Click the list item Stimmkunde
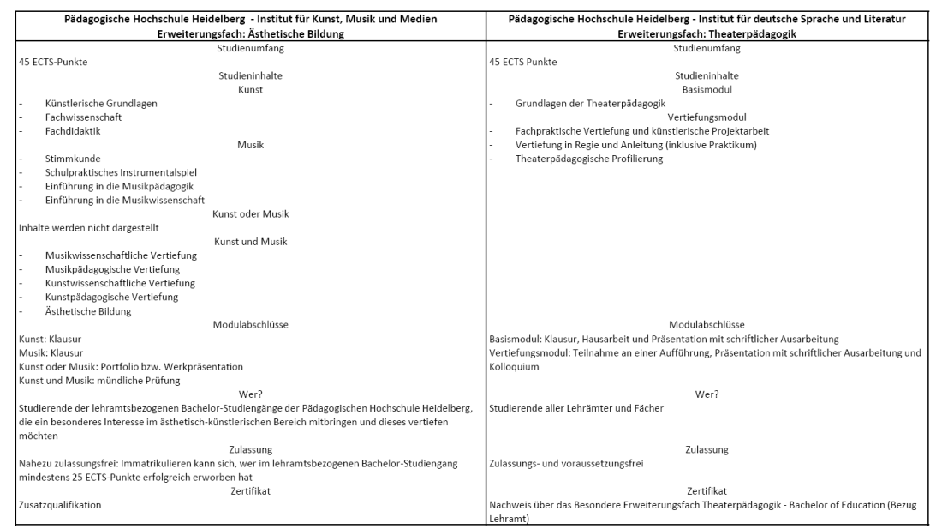coord(73,159)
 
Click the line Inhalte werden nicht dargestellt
coord(89,227)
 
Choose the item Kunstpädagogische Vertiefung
coord(111,297)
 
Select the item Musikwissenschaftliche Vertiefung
coord(122,255)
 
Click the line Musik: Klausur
coord(51,352)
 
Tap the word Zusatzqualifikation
coord(60,505)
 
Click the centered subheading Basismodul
coord(706,89)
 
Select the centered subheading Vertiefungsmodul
coord(707,117)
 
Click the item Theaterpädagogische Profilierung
coord(589,159)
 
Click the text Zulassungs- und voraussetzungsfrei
coord(566,463)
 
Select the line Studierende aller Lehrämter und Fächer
coord(575,407)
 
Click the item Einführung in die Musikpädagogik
coord(120,186)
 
